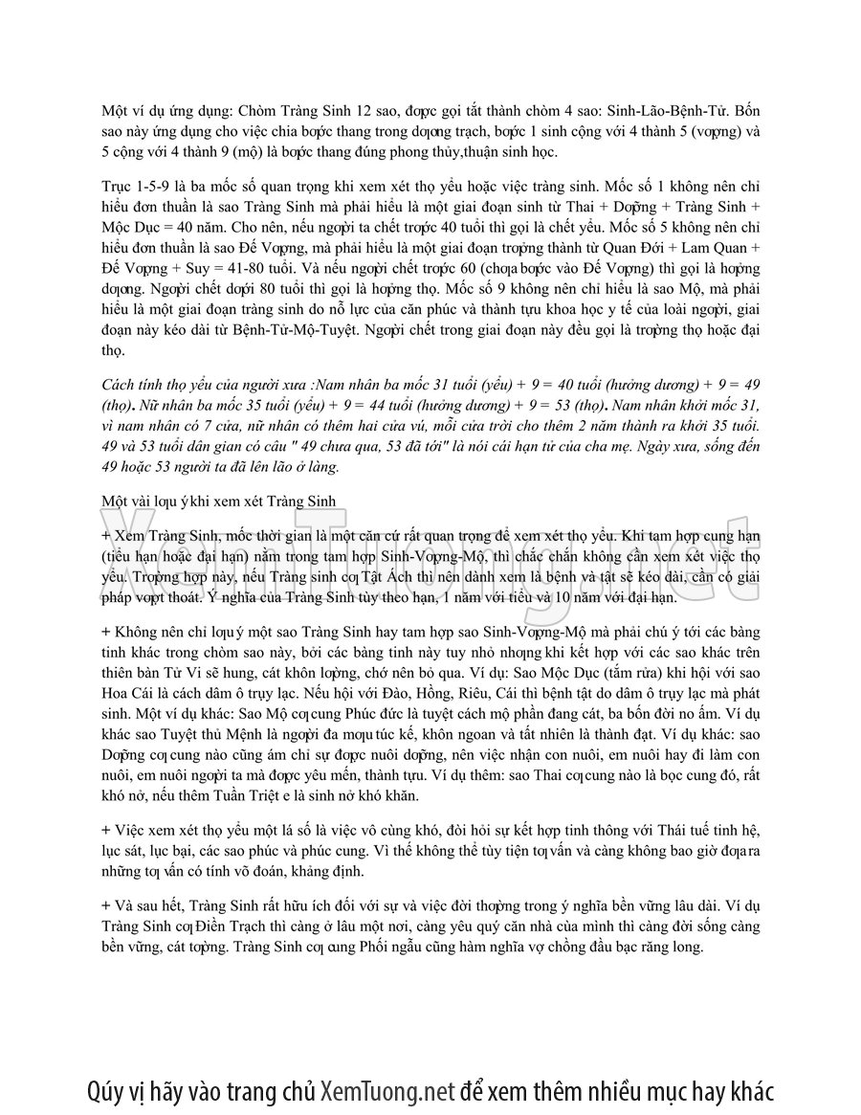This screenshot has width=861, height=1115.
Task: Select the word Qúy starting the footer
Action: [x=106, y=1091]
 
